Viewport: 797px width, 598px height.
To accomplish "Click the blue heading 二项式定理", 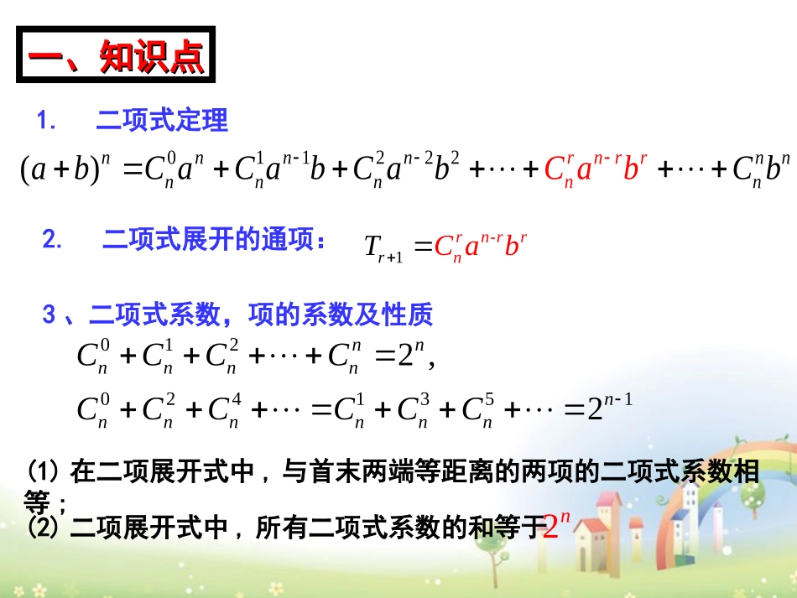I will [162, 121].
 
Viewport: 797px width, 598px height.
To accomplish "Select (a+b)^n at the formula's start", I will [66, 170].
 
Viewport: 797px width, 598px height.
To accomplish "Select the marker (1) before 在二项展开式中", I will [44, 471].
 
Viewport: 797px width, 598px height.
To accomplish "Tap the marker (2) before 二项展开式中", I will [44, 528].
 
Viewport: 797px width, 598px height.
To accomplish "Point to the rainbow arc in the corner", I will [747, 470].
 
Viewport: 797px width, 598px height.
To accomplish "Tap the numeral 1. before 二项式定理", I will [47, 122].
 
